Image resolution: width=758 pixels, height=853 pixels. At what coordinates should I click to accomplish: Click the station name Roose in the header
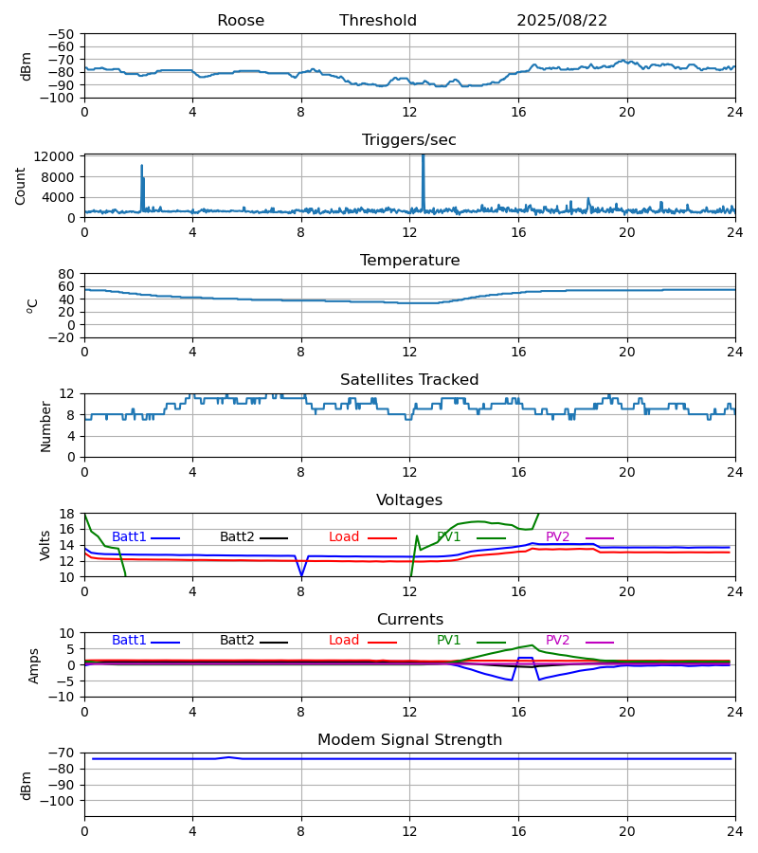pos(241,21)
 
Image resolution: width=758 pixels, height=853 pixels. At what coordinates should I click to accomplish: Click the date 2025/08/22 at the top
pos(562,21)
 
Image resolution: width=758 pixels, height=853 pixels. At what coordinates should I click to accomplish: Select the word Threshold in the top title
pos(378,21)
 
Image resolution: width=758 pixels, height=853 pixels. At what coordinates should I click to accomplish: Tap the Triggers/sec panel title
pos(409,140)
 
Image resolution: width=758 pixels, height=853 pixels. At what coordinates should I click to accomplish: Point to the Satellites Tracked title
pos(409,380)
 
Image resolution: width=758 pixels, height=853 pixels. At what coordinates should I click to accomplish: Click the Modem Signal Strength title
pos(409,740)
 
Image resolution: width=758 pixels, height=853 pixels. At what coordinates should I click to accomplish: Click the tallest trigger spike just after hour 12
pos(423,157)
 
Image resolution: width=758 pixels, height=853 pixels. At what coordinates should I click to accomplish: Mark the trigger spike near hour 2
pos(142,167)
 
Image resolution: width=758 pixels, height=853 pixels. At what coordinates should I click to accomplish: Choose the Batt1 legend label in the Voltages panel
pos(129,537)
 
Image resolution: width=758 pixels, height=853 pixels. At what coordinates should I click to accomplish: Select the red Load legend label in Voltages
pos(344,537)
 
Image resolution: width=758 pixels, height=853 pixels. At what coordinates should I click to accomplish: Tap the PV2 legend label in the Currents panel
pos(557,641)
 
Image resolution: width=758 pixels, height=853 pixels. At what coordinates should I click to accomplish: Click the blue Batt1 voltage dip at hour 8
pos(301,574)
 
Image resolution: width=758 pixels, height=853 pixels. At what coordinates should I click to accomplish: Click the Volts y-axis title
pos(45,545)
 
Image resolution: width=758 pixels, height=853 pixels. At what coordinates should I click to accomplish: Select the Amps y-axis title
pos(34,665)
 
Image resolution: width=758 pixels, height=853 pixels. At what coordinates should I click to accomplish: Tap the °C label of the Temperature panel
pos(33,305)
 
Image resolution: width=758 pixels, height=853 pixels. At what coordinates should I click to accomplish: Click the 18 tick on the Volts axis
pos(67,514)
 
